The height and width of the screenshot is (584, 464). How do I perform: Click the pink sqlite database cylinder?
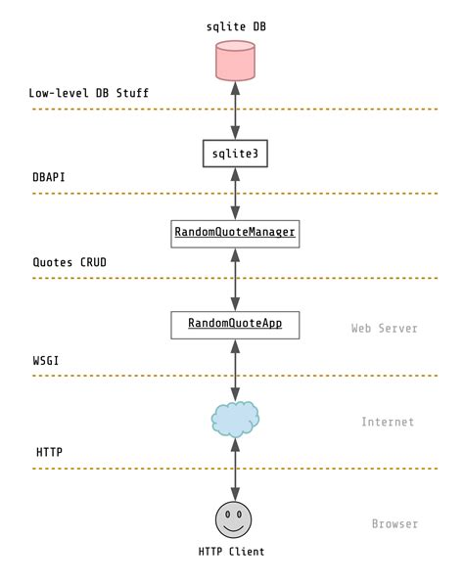tap(235, 61)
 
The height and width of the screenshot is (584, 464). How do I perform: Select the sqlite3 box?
tap(235, 154)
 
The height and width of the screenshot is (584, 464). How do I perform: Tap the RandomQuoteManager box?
tap(235, 233)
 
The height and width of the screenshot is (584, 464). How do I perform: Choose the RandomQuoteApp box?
tap(235, 323)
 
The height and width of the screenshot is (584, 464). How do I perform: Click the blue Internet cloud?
tap(235, 418)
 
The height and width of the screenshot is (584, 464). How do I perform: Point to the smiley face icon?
tap(234, 518)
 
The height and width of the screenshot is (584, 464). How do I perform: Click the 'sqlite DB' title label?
tap(235, 27)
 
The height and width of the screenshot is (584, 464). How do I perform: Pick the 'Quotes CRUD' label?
tap(70, 262)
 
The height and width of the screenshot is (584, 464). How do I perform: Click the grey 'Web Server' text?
tap(385, 328)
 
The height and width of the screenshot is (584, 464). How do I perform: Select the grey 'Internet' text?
tap(388, 422)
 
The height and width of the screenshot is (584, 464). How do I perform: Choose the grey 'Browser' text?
tap(394, 523)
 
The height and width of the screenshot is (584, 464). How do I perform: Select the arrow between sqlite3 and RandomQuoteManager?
tap(235, 194)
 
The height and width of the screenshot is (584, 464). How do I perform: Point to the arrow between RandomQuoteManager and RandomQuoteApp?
tap(235, 278)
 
